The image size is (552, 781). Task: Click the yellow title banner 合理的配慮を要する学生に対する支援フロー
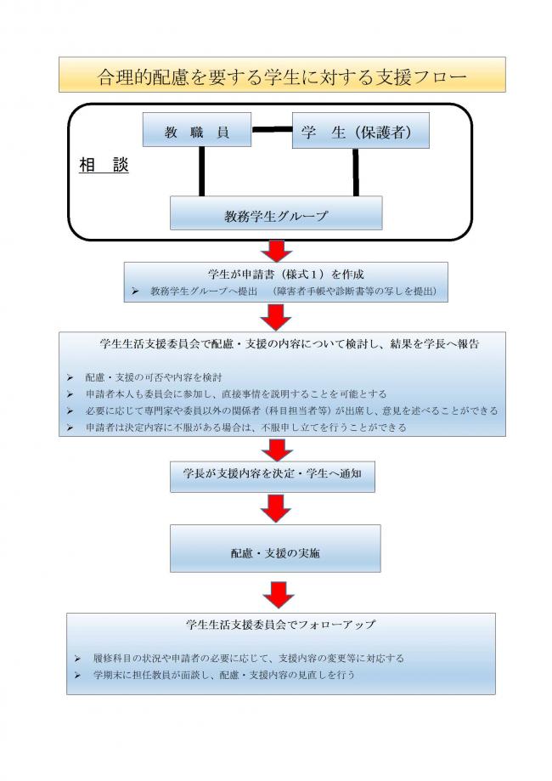tap(281, 75)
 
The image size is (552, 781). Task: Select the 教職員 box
tap(197, 132)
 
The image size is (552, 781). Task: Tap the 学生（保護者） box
tap(360, 132)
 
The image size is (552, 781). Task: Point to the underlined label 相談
tap(104, 166)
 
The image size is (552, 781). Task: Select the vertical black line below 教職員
tap(202, 173)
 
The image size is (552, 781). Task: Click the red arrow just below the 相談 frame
tap(276, 251)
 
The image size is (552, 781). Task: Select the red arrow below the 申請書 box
tap(276, 317)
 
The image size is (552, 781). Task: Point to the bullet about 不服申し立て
tap(246, 427)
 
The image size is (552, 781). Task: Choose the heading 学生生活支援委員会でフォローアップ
tap(281, 625)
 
